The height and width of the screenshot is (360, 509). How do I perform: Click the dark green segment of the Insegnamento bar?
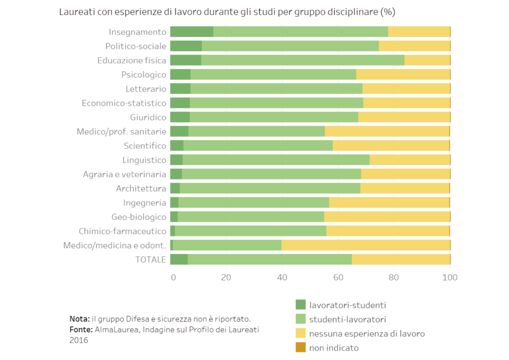[x=191, y=32]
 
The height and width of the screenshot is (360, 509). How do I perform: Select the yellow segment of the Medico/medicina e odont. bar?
[x=365, y=245]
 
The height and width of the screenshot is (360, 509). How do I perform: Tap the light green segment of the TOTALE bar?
[x=269, y=259]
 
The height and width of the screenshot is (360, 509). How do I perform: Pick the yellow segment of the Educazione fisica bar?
[x=427, y=60]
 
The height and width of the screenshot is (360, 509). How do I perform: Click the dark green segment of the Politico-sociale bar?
[x=186, y=46]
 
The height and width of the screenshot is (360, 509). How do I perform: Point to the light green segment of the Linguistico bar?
[x=276, y=160]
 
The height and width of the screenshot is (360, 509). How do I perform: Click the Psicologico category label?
[x=144, y=75]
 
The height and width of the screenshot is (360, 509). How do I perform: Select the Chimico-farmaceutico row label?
[x=122, y=231]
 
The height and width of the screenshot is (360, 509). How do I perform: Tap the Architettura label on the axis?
[x=141, y=188]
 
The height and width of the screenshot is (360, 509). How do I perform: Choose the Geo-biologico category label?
[x=139, y=217]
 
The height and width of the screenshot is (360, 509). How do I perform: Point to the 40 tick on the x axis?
[x=282, y=277]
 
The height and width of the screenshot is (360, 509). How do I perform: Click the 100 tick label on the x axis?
[x=450, y=277]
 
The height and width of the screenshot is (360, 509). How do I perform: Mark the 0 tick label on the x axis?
[x=173, y=277]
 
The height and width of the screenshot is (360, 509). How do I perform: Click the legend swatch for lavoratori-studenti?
[x=300, y=305]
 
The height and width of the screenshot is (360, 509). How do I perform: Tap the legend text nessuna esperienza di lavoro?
[x=367, y=334]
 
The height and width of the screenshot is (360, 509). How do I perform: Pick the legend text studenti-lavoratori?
[x=347, y=319]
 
